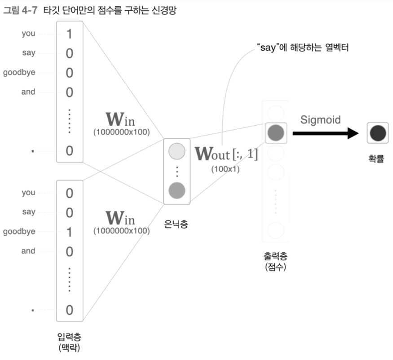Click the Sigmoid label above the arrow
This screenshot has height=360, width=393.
click(320, 120)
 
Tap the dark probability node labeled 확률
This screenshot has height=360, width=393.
click(378, 133)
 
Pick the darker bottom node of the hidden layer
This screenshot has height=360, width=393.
click(177, 191)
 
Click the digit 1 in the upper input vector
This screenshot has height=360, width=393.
click(69, 34)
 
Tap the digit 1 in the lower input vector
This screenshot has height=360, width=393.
click(69, 232)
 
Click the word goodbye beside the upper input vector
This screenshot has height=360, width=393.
click(19, 72)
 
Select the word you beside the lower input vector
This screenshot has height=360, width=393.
click(28, 193)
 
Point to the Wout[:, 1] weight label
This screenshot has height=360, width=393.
click(226, 155)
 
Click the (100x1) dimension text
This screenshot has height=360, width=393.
click(225, 169)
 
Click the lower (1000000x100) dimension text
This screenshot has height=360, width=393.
click(121, 231)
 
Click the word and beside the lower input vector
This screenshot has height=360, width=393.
click(28, 250)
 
